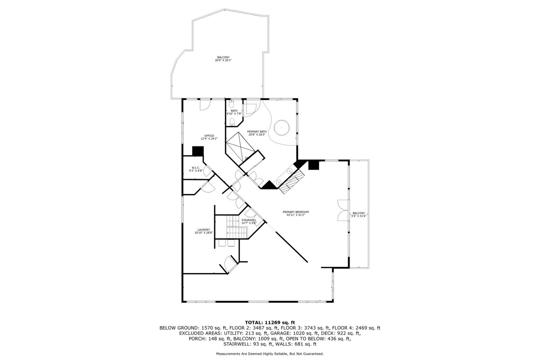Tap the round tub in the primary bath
pos(282,128)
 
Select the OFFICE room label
pos(209,137)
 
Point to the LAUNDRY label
pos(203,231)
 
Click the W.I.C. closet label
pos(196,169)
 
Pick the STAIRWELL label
pos(249,221)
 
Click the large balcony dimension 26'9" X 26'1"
pos(223,60)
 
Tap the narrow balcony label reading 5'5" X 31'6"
pos(359,216)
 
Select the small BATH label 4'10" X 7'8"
pos(234,112)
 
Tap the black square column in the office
pos(198,151)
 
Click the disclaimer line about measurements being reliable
pos(270,354)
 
